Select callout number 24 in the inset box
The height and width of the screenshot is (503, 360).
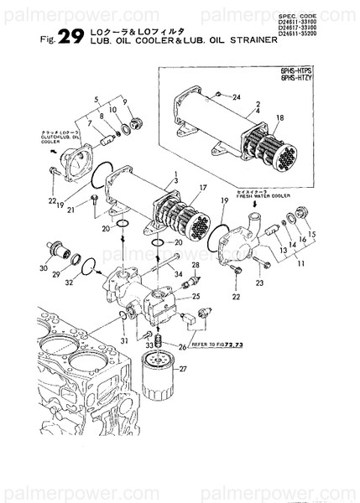237,97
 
